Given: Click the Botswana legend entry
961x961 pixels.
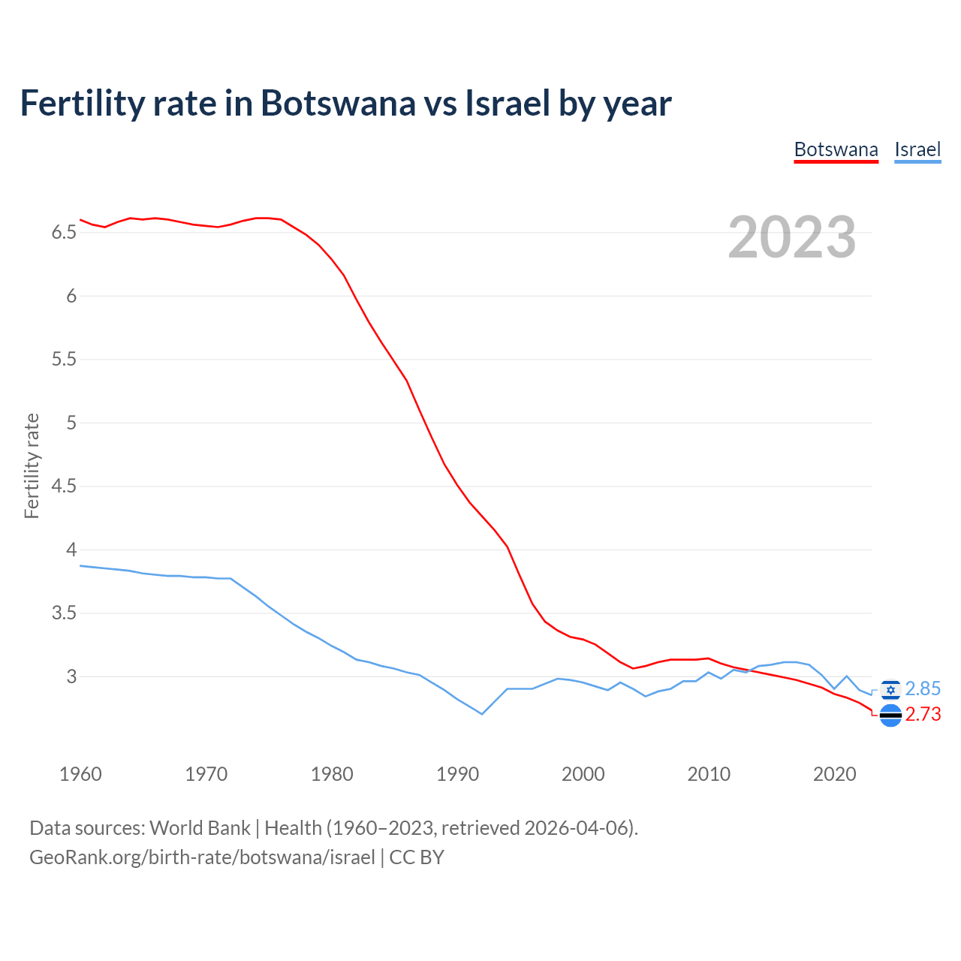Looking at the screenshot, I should point(836,149).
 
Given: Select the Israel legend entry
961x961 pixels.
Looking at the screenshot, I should point(917,149).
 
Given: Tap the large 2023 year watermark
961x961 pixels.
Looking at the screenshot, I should point(792,237).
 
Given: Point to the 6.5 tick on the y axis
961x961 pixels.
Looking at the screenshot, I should point(64,233).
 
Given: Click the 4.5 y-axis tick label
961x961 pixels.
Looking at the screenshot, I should point(64,487).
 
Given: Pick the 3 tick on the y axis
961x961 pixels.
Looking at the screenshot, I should point(71,676).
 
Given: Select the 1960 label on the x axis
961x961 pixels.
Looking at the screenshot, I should point(80,774).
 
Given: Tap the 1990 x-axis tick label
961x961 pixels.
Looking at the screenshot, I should point(457,774).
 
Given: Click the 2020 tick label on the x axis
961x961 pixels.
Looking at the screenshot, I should point(834,774).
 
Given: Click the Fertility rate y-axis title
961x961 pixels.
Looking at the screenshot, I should point(32,465).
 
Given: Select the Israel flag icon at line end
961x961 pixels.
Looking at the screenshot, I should point(890,689).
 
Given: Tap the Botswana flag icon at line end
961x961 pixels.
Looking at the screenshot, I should point(890,715).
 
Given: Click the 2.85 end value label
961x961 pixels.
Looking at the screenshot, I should point(923,689).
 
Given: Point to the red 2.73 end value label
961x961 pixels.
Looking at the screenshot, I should point(923,715).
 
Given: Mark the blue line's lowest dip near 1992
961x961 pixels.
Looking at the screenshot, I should point(482,714).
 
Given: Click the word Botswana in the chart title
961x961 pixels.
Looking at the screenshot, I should point(337,103).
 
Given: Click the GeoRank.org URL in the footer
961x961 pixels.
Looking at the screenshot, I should point(202,857).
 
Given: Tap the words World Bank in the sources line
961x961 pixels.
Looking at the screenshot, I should point(200,828).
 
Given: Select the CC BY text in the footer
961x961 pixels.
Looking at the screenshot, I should point(417,857).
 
